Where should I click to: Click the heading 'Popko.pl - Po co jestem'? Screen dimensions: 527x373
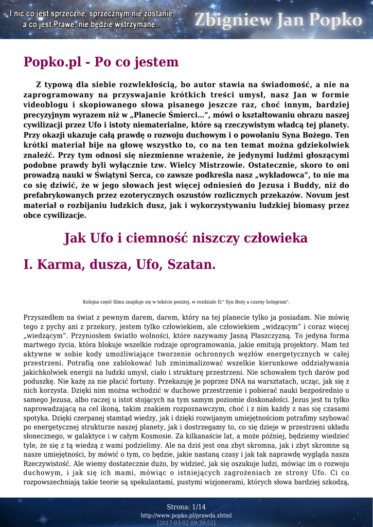pos(101,62)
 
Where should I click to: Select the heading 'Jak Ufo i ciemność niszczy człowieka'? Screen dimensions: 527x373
pos(186,238)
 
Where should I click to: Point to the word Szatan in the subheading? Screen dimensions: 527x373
pos(190,265)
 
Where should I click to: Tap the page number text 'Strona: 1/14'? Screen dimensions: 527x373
pos(186,507)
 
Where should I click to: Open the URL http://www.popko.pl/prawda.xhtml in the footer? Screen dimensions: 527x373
pos(186,515)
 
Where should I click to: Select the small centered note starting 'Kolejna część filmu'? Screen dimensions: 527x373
pos(186,302)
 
